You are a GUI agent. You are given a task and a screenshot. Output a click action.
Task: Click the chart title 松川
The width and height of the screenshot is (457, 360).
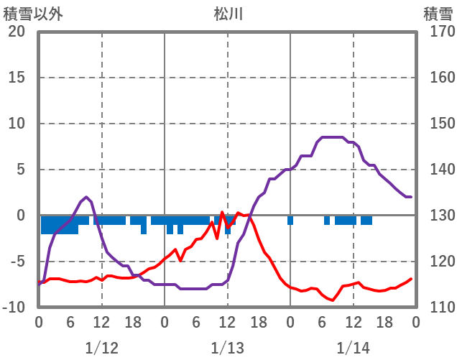[228, 14]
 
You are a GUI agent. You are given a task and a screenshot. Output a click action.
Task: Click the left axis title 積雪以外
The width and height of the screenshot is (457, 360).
[38, 14]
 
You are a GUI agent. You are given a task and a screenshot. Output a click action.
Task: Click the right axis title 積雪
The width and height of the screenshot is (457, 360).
[438, 14]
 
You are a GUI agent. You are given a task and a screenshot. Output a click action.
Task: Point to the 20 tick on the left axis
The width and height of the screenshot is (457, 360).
[17, 32]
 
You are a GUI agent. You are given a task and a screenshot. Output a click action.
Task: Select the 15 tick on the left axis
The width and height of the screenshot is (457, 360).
[17, 78]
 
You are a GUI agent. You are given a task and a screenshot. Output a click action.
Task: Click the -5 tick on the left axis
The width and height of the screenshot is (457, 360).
[17, 262]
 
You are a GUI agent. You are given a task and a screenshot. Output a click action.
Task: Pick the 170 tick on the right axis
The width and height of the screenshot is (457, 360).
[438, 32]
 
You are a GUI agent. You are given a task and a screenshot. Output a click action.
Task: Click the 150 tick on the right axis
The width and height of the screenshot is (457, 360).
[438, 124]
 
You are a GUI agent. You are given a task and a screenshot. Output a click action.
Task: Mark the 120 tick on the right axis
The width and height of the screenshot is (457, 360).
[438, 262]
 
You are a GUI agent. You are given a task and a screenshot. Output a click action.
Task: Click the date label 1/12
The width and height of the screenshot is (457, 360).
[101, 348]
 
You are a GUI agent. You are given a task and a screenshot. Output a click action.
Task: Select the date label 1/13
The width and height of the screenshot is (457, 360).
[228, 348]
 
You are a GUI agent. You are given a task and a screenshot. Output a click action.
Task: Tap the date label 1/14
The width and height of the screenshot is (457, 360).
[354, 348]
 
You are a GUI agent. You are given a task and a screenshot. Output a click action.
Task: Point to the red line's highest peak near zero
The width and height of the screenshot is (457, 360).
[223, 212]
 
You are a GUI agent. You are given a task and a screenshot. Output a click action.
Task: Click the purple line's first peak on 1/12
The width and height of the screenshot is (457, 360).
[86, 197]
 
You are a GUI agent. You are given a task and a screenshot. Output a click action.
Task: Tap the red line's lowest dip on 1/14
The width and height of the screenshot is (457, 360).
[333, 300]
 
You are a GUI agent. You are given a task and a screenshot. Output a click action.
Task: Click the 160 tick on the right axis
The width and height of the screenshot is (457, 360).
[438, 78]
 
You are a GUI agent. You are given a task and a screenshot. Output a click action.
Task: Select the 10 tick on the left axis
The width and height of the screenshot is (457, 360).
[17, 124]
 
